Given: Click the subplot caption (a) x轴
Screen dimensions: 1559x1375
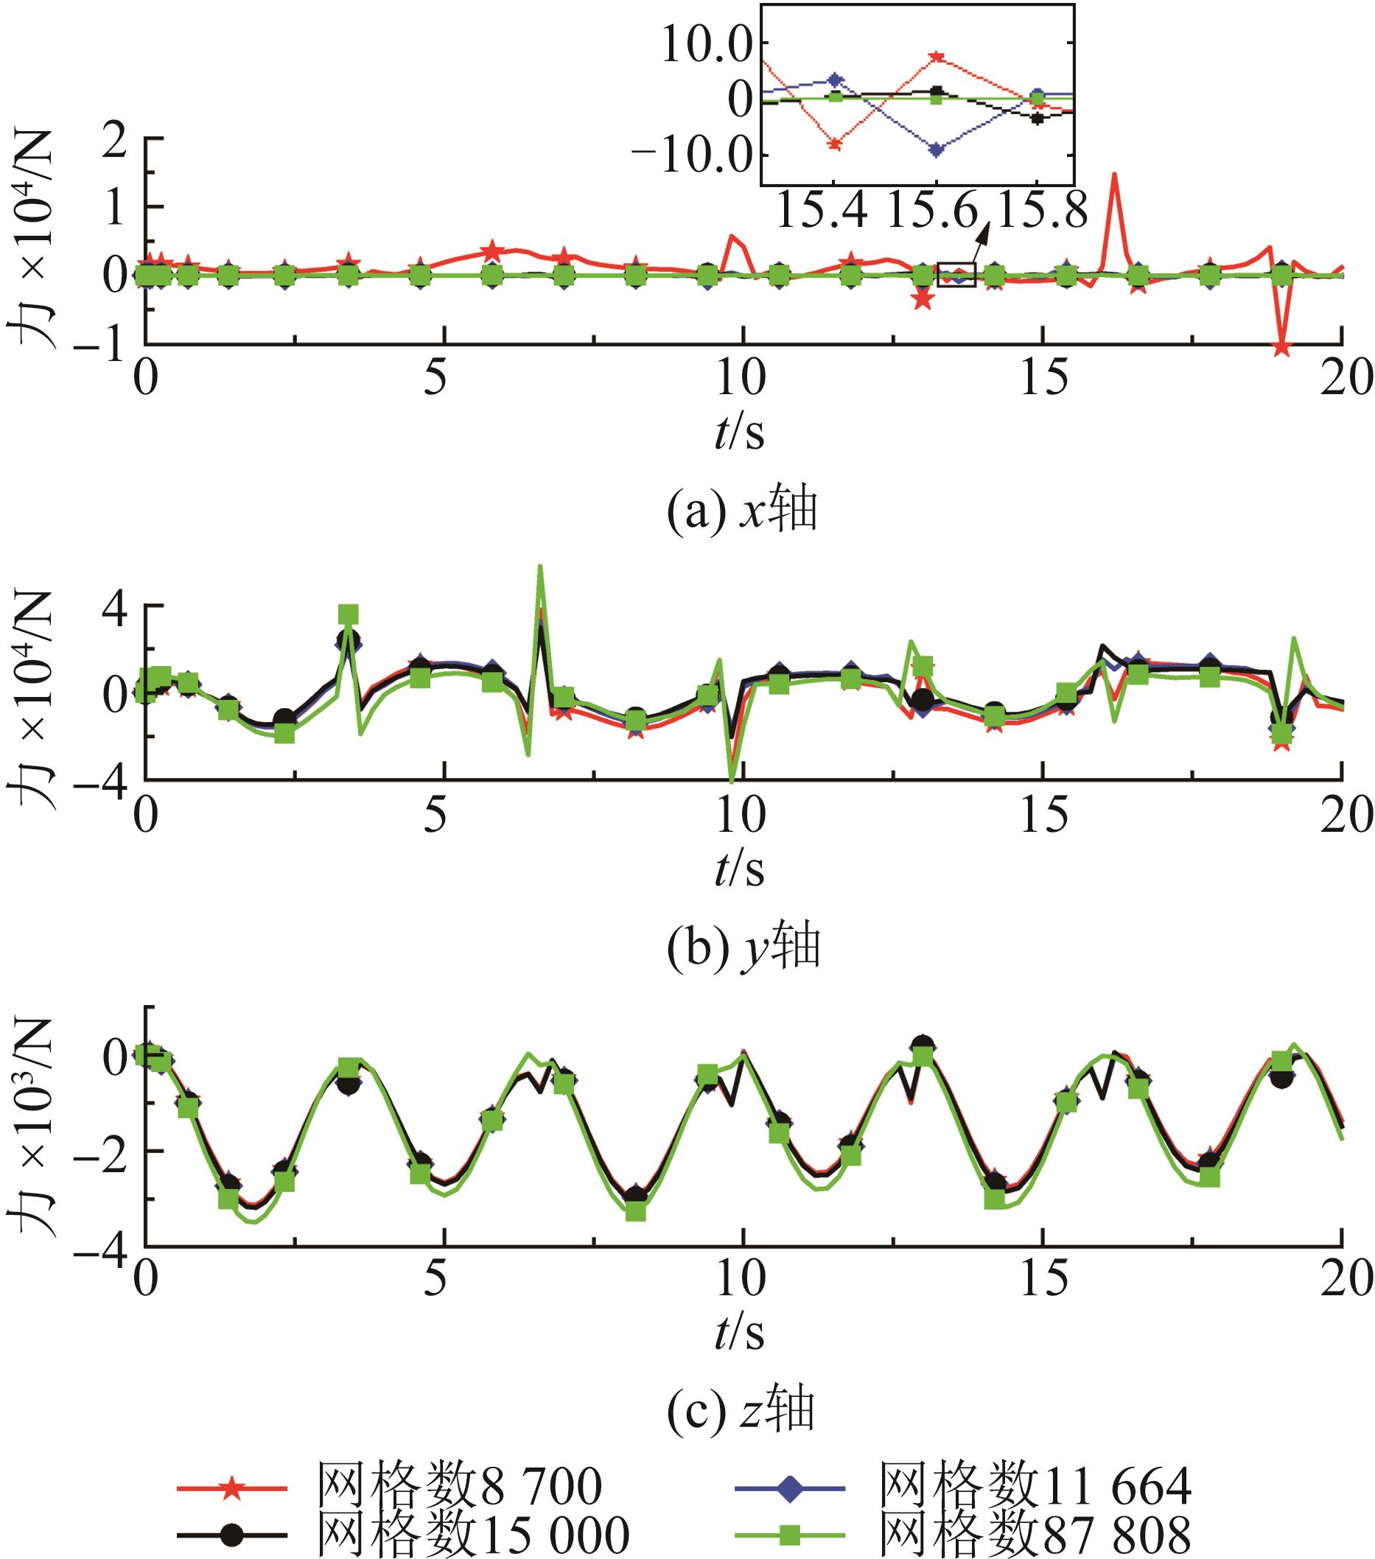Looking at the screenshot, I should [x=742, y=511].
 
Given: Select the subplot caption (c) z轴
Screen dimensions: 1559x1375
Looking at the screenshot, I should [x=742, y=1410].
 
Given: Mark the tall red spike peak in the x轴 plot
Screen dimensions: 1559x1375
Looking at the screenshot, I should [x=1115, y=175].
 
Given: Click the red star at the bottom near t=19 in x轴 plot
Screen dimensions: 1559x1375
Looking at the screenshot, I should [x=1282, y=348].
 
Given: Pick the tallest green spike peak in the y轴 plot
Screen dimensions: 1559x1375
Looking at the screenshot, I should [x=540, y=567].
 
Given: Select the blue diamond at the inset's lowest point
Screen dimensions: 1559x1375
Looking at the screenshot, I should [x=937, y=150].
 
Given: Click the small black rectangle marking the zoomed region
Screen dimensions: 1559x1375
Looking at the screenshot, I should [x=956, y=275].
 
